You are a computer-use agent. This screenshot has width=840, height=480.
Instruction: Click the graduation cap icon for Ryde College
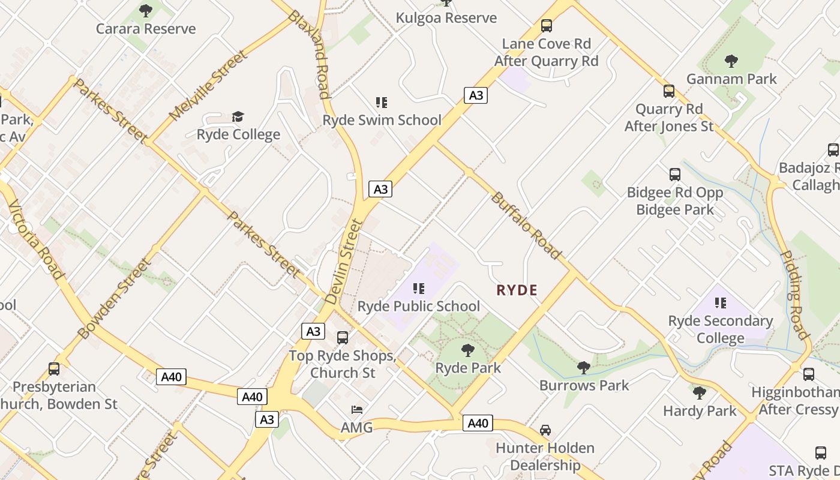(x=238, y=116)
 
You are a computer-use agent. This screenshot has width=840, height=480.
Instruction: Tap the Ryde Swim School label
(x=382, y=120)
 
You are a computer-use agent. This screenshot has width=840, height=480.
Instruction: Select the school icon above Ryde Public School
(x=419, y=289)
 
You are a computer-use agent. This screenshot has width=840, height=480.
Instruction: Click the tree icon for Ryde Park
(x=467, y=350)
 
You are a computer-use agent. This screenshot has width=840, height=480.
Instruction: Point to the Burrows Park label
(x=584, y=385)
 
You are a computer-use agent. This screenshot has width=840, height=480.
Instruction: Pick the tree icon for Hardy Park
(x=699, y=393)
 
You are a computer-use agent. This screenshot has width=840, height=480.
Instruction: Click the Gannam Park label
(x=731, y=79)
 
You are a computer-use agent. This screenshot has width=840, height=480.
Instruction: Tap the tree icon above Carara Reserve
(x=146, y=10)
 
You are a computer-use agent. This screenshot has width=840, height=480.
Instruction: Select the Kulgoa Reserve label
(x=446, y=18)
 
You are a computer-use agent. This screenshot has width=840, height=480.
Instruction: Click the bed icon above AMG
(x=356, y=410)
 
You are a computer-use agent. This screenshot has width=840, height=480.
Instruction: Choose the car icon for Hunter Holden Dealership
(x=545, y=430)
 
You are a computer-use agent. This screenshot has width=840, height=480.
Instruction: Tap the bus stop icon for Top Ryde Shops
(x=342, y=338)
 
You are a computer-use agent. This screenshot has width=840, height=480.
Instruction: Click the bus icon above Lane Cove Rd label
(x=546, y=26)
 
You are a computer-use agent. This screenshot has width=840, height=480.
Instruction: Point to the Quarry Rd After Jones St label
(x=668, y=118)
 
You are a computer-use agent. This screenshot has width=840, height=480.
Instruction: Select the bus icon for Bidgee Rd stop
(x=674, y=175)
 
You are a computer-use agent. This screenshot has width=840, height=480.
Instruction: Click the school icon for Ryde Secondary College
(x=720, y=303)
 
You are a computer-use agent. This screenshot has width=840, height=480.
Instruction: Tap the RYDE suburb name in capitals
(x=517, y=290)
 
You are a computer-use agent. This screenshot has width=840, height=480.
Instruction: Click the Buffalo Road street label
(x=526, y=225)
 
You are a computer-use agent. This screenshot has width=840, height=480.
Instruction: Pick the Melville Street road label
(x=208, y=86)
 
